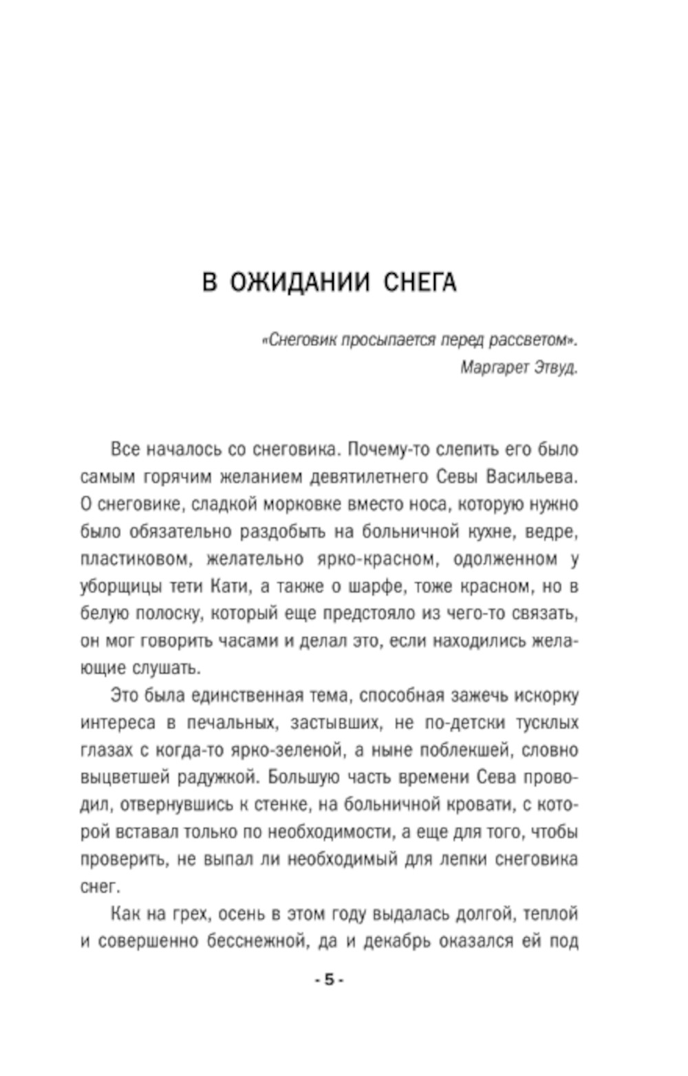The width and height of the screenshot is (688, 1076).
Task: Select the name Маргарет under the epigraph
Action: coord(493,367)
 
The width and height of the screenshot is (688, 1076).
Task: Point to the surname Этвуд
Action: coord(556,367)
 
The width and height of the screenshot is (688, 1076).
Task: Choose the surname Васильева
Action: coord(533,476)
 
